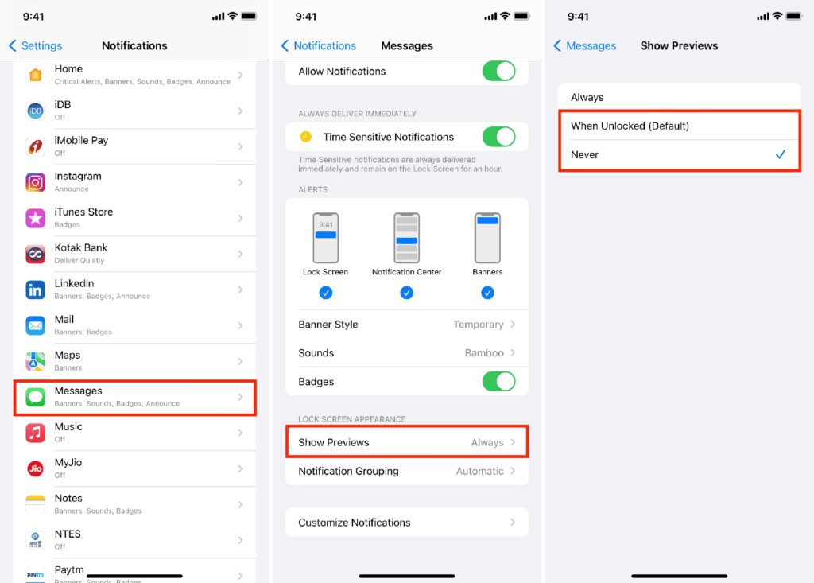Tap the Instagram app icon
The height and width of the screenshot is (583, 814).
click(x=35, y=182)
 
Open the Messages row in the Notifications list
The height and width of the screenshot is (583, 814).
click(x=135, y=398)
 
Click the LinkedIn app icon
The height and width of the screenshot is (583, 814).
click(x=35, y=290)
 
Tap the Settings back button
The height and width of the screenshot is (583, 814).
click(x=35, y=45)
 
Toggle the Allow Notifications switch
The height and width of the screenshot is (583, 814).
click(x=498, y=72)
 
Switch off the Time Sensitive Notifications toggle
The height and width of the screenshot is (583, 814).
click(x=498, y=137)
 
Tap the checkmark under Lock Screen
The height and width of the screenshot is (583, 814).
click(x=325, y=293)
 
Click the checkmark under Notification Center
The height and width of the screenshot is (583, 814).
click(x=406, y=293)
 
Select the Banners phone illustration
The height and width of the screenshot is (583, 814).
click(x=487, y=238)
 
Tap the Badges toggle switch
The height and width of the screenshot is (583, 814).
click(x=498, y=382)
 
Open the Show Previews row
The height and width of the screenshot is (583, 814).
click(x=407, y=442)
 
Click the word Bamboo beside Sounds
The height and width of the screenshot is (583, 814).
click(x=484, y=353)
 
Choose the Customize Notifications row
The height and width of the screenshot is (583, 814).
click(x=407, y=523)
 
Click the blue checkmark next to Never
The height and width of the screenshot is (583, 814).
click(x=781, y=154)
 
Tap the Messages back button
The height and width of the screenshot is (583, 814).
click(x=584, y=45)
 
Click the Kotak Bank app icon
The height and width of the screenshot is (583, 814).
click(x=35, y=254)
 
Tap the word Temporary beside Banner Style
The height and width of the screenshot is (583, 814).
click(x=478, y=325)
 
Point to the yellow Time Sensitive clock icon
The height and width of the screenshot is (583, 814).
click(x=306, y=137)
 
